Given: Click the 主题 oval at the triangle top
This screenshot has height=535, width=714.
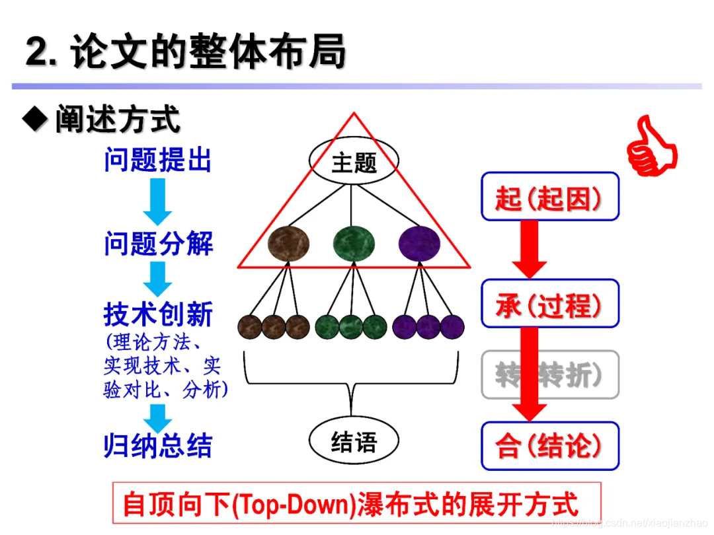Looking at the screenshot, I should coord(354,162).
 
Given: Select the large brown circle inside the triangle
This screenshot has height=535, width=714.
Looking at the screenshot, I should coord(289,242).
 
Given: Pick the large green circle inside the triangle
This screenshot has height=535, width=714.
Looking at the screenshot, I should coord(354,242).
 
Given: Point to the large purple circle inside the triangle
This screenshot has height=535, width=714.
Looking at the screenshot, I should coord(419,242).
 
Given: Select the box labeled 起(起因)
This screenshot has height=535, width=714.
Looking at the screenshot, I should coord(549,197).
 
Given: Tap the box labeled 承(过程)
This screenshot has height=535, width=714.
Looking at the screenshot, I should coord(549,304).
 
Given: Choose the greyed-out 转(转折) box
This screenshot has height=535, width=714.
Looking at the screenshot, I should coord(549,375).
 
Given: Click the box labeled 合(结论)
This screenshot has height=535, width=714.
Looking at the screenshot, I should coord(549,446).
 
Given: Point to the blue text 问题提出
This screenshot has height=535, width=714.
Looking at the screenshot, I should coord(158,160).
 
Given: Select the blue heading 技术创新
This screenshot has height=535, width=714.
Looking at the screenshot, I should coord(158,315).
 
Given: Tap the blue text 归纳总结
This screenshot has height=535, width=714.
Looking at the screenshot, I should coord(158,446).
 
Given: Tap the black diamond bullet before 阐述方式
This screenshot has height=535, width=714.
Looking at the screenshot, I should coord(34,119).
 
